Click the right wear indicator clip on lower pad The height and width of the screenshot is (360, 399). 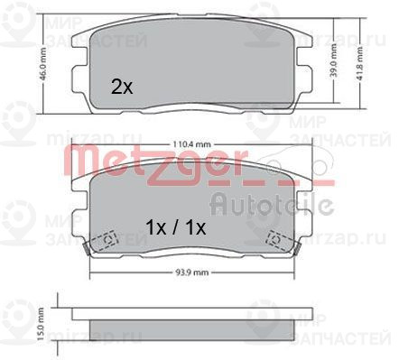point(280,240)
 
